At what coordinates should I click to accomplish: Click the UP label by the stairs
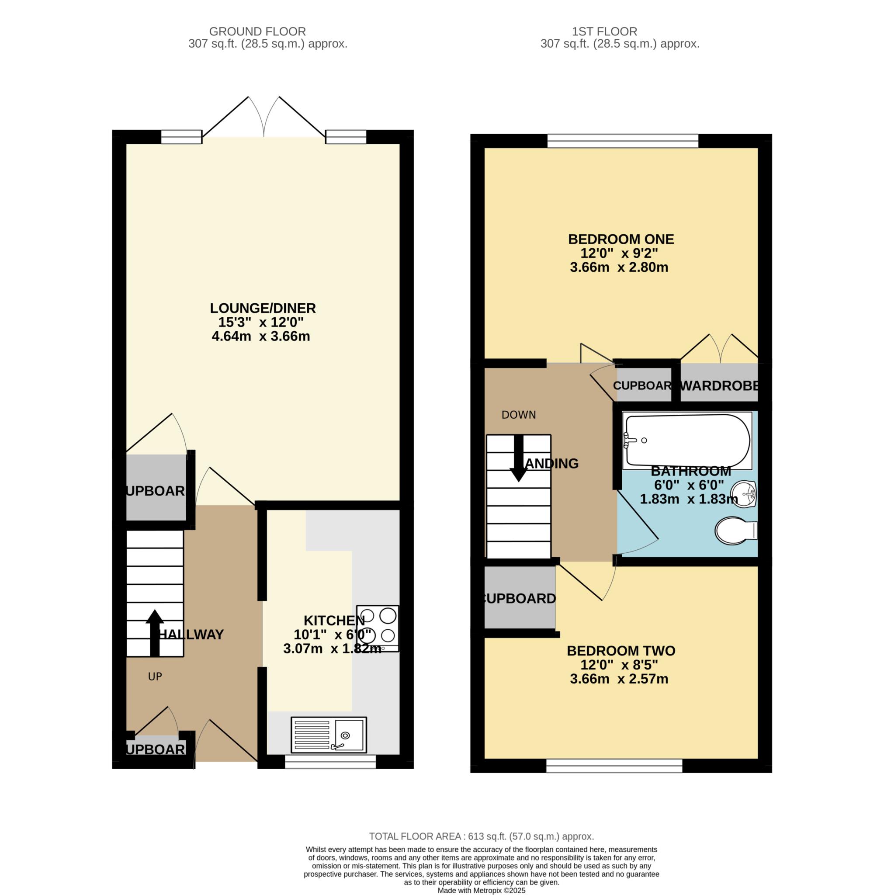(155, 677)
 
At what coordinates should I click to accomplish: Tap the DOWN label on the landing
(518, 415)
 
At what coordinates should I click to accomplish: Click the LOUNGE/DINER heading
(263, 308)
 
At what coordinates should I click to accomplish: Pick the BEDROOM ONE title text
(621, 239)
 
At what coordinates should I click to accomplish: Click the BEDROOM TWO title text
(621, 651)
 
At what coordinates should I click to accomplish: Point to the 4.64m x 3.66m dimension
(261, 336)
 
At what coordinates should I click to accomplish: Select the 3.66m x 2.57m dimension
(619, 679)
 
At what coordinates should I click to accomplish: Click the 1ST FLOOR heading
(604, 31)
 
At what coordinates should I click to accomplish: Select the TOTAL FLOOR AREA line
(481, 836)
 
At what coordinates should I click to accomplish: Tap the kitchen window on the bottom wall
(330, 762)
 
